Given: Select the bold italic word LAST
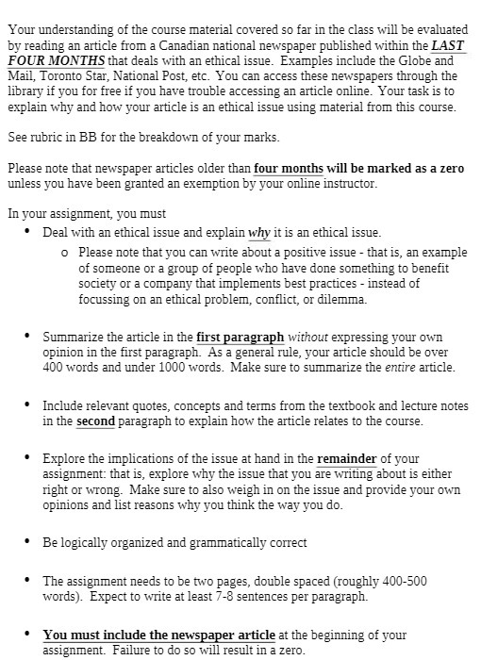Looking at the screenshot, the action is [x=449, y=44].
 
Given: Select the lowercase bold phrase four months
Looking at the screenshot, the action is [x=289, y=169].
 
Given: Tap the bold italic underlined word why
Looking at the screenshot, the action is [x=259, y=232].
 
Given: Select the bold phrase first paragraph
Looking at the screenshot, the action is [x=240, y=337].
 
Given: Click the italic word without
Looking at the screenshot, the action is [x=307, y=337].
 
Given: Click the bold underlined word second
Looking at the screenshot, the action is [x=95, y=421].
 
